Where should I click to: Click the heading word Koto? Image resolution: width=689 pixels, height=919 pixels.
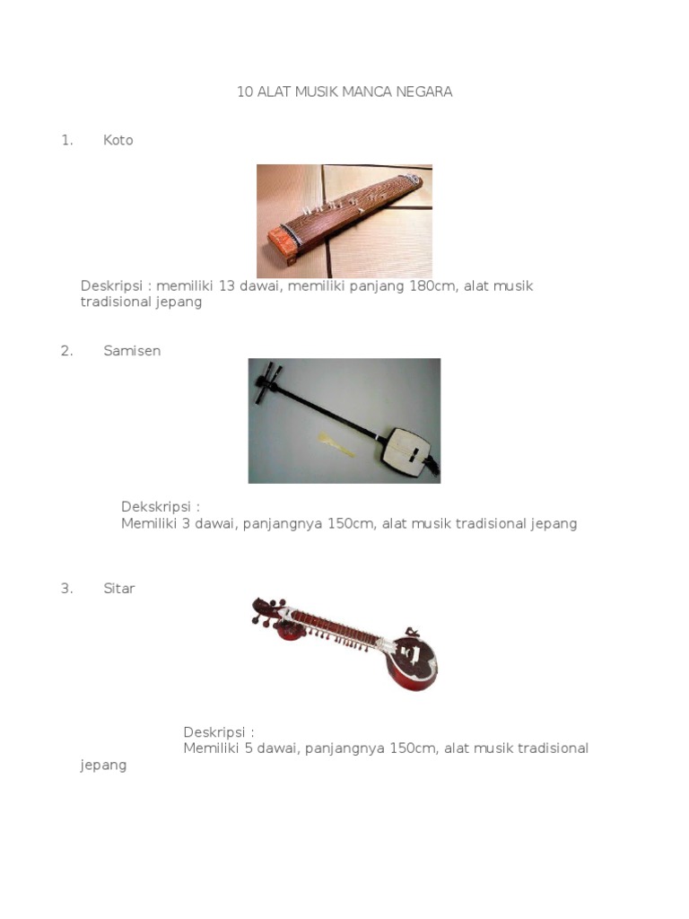coord(118,140)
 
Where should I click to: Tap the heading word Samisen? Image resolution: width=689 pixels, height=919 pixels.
coord(132,351)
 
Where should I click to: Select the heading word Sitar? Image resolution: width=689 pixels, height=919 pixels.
coord(119,589)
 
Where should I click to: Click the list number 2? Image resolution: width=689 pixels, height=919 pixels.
coord(66,351)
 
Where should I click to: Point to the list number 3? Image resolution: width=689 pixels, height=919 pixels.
coord(66,589)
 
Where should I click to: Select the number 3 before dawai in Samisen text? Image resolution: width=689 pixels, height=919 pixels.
coord(186,523)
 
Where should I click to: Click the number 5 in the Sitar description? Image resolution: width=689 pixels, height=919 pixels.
coord(249,748)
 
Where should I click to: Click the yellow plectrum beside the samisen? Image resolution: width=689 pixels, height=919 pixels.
coord(336,444)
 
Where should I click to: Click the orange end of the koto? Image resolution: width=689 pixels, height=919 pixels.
coord(283,245)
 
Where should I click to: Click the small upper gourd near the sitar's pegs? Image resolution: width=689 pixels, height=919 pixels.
coord(288,631)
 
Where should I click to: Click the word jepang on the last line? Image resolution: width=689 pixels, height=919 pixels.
coord(103,766)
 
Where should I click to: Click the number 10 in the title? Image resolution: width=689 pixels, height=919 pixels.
coord(244,92)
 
